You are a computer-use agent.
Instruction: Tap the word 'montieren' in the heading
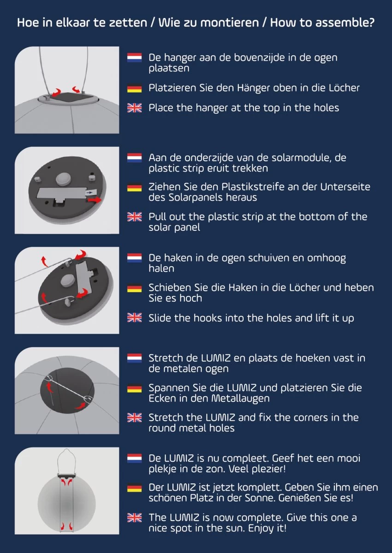point(230,23)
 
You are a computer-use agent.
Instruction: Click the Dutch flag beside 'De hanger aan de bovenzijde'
point(134,58)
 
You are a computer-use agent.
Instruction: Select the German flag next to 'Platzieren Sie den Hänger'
point(134,88)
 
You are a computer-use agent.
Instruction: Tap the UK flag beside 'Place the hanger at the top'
point(134,108)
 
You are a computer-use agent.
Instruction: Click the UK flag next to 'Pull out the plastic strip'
point(134,217)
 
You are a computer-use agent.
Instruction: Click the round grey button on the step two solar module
point(63,178)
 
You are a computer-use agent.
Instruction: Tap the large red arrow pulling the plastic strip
point(95,200)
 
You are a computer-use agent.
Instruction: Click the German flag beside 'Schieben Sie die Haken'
point(134,288)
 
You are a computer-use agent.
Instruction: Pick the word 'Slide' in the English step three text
point(159,318)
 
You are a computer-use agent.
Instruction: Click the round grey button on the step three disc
point(68,281)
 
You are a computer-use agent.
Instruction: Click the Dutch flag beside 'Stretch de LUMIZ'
point(134,358)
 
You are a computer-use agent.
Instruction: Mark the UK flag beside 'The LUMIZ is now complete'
point(134,518)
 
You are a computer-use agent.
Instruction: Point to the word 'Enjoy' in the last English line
point(261,529)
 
